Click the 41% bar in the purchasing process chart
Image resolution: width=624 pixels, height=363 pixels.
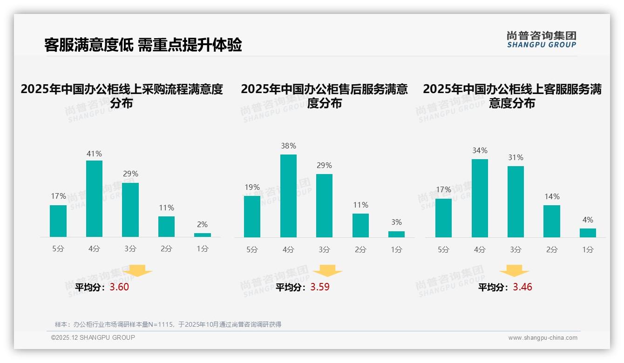(94, 199)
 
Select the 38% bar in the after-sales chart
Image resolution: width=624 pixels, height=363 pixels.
(288, 196)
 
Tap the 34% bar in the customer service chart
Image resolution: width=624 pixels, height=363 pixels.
(480, 198)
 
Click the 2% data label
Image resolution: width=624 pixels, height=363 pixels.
(202, 224)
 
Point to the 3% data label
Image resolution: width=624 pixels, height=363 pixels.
(396, 222)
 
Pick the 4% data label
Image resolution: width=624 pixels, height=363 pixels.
(588, 220)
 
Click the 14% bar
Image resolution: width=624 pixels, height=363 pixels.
(552, 221)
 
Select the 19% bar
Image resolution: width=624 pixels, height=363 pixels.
(252, 216)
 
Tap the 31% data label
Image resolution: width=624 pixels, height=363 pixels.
(515, 157)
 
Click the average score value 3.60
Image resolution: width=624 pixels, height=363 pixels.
(119, 287)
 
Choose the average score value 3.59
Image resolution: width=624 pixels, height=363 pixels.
(320, 287)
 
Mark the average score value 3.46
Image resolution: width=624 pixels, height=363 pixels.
(522, 287)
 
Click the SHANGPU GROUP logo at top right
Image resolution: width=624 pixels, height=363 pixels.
(542, 40)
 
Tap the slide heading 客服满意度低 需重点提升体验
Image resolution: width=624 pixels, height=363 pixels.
(143, 45)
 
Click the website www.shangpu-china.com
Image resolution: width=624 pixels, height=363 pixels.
(543, 338)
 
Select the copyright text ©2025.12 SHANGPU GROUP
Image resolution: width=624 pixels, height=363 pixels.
(93, 337)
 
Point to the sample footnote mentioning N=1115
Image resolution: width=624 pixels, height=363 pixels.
(168, 324)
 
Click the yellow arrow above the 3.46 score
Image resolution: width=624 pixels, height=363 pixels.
(514, 271)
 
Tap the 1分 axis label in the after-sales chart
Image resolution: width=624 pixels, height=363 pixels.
(396, 249)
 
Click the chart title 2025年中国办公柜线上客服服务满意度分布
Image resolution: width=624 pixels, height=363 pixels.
(512, 96)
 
